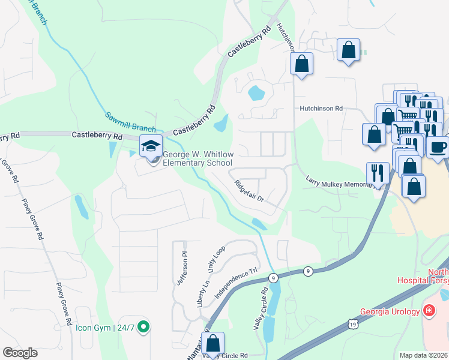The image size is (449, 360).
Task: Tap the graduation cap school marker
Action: [x=151, y=146]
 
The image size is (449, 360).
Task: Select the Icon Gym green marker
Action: [x=143, y=327]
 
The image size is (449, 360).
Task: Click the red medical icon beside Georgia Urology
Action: [x=429, y=310]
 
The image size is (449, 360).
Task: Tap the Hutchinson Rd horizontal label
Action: [x=321, y=109]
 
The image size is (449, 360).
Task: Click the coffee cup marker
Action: [x=438, y=146]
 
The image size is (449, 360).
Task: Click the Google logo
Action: [x=20, y=353]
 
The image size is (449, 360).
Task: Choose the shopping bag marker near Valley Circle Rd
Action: [x=212, y=344]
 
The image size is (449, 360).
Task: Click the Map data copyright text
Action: [x=424, y=355]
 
